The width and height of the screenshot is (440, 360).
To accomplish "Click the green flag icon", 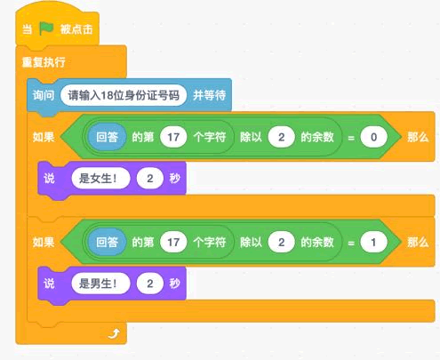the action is point(46,28).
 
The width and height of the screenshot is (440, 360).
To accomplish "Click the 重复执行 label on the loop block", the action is point(44,62).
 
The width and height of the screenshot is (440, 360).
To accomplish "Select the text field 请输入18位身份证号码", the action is point(124,95).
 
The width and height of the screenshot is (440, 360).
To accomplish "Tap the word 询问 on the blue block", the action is point(44,95).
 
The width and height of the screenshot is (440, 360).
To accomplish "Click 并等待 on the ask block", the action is point(210,95).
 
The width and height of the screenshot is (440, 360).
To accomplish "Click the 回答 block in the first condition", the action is point(107,137).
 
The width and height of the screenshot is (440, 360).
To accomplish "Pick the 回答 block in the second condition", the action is point(107,242).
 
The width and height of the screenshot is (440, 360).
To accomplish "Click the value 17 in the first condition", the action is point(173,137).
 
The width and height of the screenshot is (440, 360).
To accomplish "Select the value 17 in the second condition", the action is point(173,242).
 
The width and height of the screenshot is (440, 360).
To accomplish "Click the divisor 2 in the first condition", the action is point(281,137).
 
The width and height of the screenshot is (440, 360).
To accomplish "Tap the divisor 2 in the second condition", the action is point(281,242).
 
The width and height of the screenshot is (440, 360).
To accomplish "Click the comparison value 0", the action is point(373,137).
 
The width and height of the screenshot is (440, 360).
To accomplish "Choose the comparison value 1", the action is point(373,242).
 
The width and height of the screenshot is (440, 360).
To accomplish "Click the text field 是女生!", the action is point(100,179).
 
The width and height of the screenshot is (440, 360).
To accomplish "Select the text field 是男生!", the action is point(100,284).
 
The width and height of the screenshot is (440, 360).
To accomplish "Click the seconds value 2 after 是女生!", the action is point(150,179).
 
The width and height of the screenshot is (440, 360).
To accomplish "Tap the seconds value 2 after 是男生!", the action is point(150,284).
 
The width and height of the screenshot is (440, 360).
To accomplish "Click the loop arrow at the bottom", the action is point(114,333).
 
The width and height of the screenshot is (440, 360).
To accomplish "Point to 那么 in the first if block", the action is point(418,137).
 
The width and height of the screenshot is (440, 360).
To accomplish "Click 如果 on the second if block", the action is point(44,242).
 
